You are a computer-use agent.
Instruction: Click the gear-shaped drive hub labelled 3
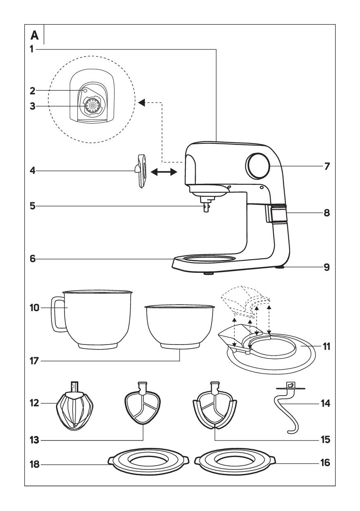[93, 106]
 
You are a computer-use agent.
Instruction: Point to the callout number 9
[326, 267]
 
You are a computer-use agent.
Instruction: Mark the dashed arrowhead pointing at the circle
[141, 103]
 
